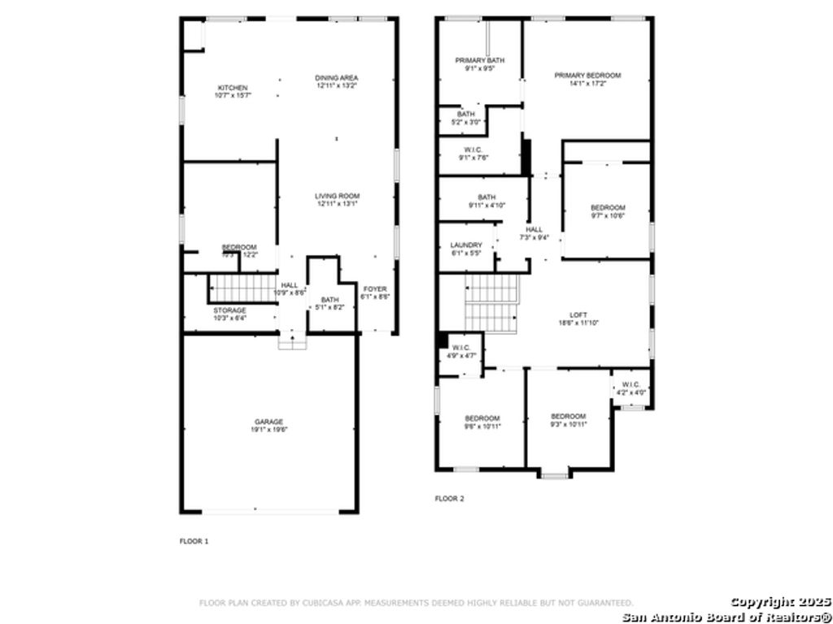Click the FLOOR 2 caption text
pos(449,499)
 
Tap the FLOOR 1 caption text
pos(194,541)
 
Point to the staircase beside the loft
pos(492,302)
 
